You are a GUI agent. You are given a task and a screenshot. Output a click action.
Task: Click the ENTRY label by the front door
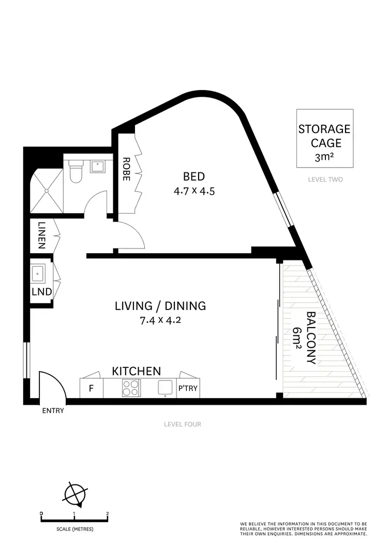coord(53,411)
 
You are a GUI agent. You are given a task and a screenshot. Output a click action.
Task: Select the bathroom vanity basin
coord(97,167)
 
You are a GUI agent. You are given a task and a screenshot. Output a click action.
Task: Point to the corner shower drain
coord(48,190)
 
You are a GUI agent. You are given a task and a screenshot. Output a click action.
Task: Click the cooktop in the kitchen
coord(131,388)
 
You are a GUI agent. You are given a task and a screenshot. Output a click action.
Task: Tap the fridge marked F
coord(91,388)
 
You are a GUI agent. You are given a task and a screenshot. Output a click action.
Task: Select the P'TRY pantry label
coord(188,388)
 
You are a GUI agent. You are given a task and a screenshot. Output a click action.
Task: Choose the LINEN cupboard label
coord(41,236)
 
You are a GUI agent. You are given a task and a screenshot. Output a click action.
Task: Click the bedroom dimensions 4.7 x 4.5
coord(194,191)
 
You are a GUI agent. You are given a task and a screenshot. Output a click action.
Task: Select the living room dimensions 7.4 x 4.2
coord(160,320)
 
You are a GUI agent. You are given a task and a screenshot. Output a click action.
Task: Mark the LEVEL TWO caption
coord(325,180)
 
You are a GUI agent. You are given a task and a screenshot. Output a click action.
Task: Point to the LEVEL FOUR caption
coord(182,424)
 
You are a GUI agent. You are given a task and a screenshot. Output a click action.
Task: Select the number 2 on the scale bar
coord(107,514)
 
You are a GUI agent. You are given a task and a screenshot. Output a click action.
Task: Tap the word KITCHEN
coord(137,371)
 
